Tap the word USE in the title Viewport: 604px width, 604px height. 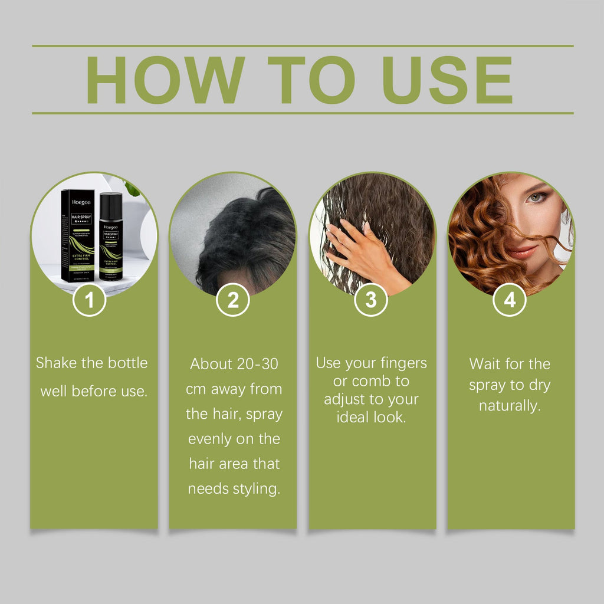pos(447,80)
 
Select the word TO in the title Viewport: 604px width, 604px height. pos(311,80)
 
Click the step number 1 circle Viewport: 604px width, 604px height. pos(89,300)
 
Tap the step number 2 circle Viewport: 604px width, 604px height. pos(233,300)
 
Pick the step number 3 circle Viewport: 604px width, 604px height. pos(371,300)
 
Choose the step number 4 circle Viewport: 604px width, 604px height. pos(510,300)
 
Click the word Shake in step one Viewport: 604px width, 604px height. pos(57,363)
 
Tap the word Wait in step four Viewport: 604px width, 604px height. pos(485,364)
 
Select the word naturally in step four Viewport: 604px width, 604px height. pos(510,406)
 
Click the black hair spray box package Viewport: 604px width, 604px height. pos(77,234)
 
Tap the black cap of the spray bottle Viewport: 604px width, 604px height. pos(111,203)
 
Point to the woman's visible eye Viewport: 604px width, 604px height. pos(536,198)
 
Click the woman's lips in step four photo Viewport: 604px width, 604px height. pos(523,252)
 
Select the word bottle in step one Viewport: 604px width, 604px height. pos(127,363)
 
